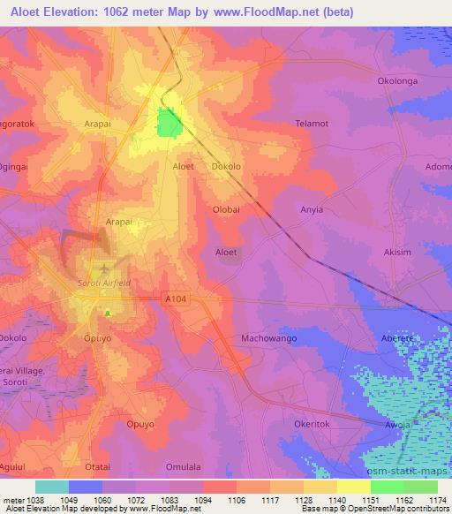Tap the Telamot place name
(311, 124)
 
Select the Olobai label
(227, 209)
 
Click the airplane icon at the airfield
(104, 268)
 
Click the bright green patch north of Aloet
(167, 123)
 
